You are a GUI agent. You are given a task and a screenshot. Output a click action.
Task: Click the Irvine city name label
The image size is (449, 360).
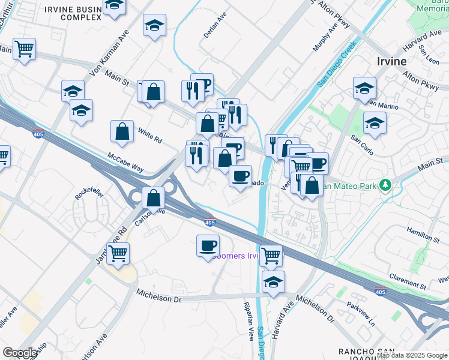click(391, 61)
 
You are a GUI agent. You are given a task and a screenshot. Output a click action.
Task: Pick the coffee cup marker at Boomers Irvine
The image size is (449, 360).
click(208, 245)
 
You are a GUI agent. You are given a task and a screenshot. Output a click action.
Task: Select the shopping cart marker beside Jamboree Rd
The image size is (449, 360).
click(118, 254)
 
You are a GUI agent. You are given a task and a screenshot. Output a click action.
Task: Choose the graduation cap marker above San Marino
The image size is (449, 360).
click(364, 88)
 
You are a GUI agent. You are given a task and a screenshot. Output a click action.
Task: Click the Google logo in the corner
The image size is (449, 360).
click(20, 353)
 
